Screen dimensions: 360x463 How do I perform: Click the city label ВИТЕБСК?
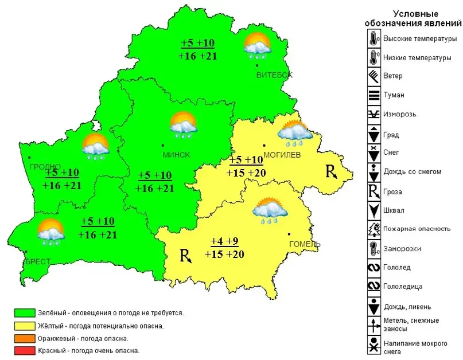[274, 75]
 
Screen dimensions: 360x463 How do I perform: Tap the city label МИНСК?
[176, 155]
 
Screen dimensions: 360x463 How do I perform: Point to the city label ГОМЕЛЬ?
[304, 244]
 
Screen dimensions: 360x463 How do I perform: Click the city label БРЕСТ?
[37, 261]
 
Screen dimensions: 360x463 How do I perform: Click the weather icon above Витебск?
[256, 46]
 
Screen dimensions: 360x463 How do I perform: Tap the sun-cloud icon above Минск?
[183, 125]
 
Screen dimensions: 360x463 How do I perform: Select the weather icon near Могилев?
[295, 133]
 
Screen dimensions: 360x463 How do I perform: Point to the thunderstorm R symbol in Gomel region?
[185, 255]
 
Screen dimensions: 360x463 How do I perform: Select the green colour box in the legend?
[25, 313]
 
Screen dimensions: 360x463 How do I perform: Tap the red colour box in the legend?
[25, 350]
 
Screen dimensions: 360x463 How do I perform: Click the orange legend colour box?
[25, 338]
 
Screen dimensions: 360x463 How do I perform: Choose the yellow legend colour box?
[25, 326]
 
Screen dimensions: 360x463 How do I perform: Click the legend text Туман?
[394, 95]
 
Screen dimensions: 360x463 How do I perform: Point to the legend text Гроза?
[393, 192]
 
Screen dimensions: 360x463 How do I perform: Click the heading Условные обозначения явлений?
[413, 18]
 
